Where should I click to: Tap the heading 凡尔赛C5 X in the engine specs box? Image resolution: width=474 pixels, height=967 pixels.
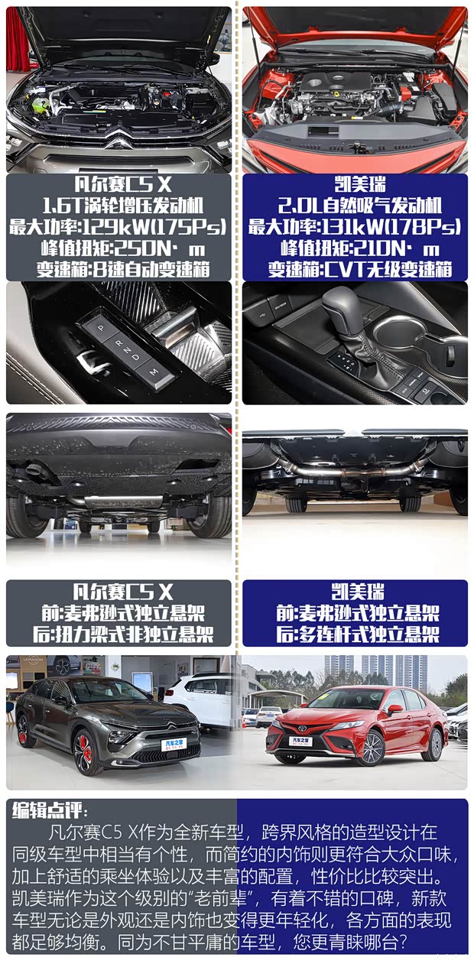click(118, 186)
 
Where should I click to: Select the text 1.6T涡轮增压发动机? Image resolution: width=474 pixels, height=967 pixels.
click(118, 206)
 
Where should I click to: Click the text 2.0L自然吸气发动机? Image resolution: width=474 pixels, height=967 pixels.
click(355, 206)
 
